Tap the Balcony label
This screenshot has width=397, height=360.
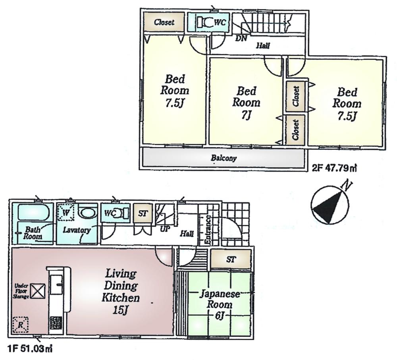point(224,158)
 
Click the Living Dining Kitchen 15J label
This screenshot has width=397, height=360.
point(121,291)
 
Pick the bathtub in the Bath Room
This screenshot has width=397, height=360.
point(32,213)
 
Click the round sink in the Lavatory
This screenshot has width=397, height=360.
point(87,213)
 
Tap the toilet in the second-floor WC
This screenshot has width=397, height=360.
point(205,23)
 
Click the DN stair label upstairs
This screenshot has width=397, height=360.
point(241,38)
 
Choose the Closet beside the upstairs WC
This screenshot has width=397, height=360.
point(164,22)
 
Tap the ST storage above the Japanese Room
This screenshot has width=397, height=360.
point(230,260)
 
